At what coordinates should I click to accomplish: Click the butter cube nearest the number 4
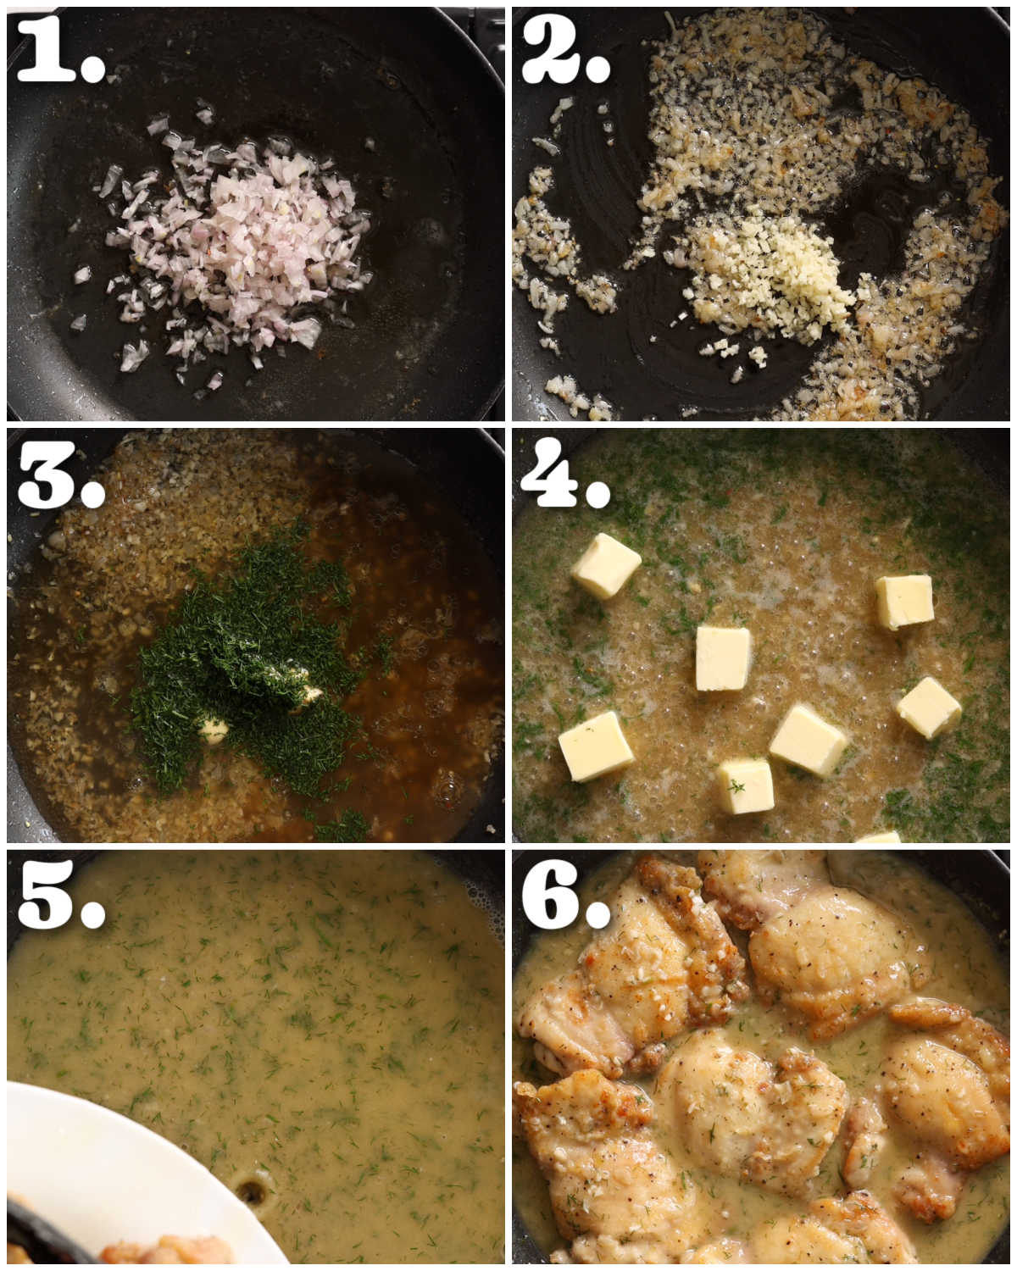click(606, 566)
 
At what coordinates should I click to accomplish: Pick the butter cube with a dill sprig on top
click(746, 786)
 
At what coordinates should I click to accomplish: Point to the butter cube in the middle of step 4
click(723, 658)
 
